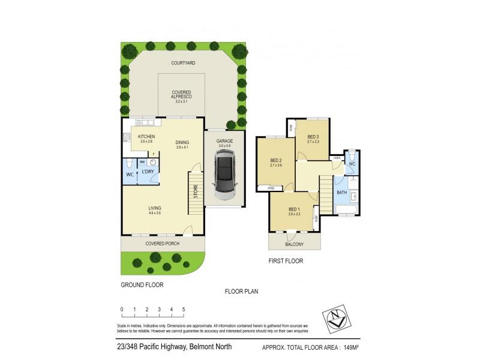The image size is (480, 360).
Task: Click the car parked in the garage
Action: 225,175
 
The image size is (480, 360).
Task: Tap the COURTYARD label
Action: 183,62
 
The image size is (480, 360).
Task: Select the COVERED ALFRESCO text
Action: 181,95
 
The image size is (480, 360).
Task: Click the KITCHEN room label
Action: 146,137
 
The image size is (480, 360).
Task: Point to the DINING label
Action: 182,142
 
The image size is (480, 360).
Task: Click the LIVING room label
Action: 155,208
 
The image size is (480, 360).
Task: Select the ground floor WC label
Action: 129,175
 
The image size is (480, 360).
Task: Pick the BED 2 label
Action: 277,160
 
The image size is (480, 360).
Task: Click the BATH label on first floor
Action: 341,193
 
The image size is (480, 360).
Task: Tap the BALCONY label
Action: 294,244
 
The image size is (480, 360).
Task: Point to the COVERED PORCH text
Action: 162,244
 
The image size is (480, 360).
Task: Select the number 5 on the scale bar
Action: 184,310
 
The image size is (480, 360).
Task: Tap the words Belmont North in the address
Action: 210,347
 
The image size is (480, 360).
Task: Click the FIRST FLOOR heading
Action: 286,261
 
